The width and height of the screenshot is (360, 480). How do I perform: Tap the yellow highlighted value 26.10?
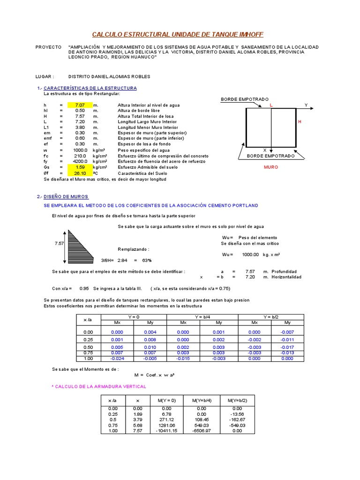pos(80,173)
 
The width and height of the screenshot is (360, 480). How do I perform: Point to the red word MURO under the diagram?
pos(271,167)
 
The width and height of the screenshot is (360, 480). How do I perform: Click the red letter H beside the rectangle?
pos(300,121)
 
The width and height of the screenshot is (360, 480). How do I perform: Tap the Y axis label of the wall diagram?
pos(306,105)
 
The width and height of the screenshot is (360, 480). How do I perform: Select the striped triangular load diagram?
pos(82,243)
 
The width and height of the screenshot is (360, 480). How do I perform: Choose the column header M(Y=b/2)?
pos(237,401)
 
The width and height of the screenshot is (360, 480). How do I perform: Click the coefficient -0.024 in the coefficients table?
pos(117,359)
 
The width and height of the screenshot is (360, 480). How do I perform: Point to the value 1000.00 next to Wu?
pos(250,255)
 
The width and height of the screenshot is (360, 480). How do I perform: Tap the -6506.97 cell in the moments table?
pos(202,431)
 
